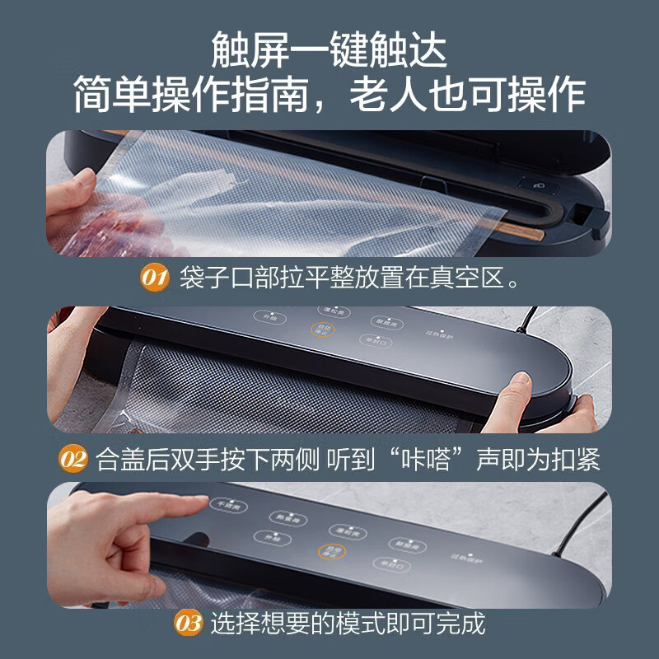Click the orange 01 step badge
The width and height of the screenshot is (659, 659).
coord(153,278)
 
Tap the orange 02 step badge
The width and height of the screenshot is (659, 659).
coord(73,458)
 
